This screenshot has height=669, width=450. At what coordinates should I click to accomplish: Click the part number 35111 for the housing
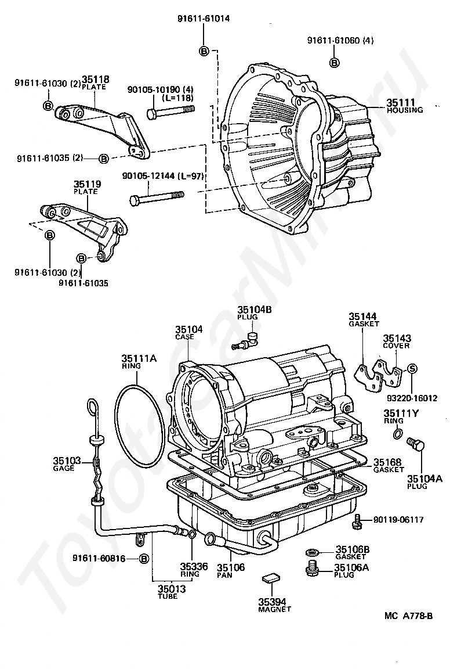pyautogui.click(x=401, y=102)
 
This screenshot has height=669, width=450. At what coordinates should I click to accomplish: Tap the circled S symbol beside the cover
pyautogui.click(x=412, y=369)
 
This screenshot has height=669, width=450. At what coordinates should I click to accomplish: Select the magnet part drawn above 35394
pyautogui.click(x=269, y=578)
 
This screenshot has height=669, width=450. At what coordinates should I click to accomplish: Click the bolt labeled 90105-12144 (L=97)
pyautogui.click(x=157, y=197)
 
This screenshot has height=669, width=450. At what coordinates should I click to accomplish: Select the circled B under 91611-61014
pyautogui.click(x=204, y=51)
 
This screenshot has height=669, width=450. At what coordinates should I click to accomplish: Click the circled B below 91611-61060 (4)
pyautogui.click(x=335, y=63)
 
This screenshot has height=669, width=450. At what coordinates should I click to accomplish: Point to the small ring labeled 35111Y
pyautogui.click(x=397, y=434)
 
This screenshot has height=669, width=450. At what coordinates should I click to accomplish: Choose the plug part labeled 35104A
pyautogui.click(x=416, y=445)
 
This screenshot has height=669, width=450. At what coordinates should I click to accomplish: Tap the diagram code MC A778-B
pyautogui.click(x=408, y=616)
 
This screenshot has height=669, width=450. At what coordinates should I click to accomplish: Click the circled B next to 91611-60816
pyautogui.click(x=144, y=559)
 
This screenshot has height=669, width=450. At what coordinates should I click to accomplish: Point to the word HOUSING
pyautogui.click(x=405, y=110)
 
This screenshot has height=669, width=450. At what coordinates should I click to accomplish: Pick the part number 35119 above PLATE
pyautogui.click(x=88, y=184)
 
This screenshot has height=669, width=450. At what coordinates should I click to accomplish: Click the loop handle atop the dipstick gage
pyautogui.click(x=92, y=407)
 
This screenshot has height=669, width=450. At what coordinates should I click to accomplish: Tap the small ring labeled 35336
pyautogui.click(x=192, y=534)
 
